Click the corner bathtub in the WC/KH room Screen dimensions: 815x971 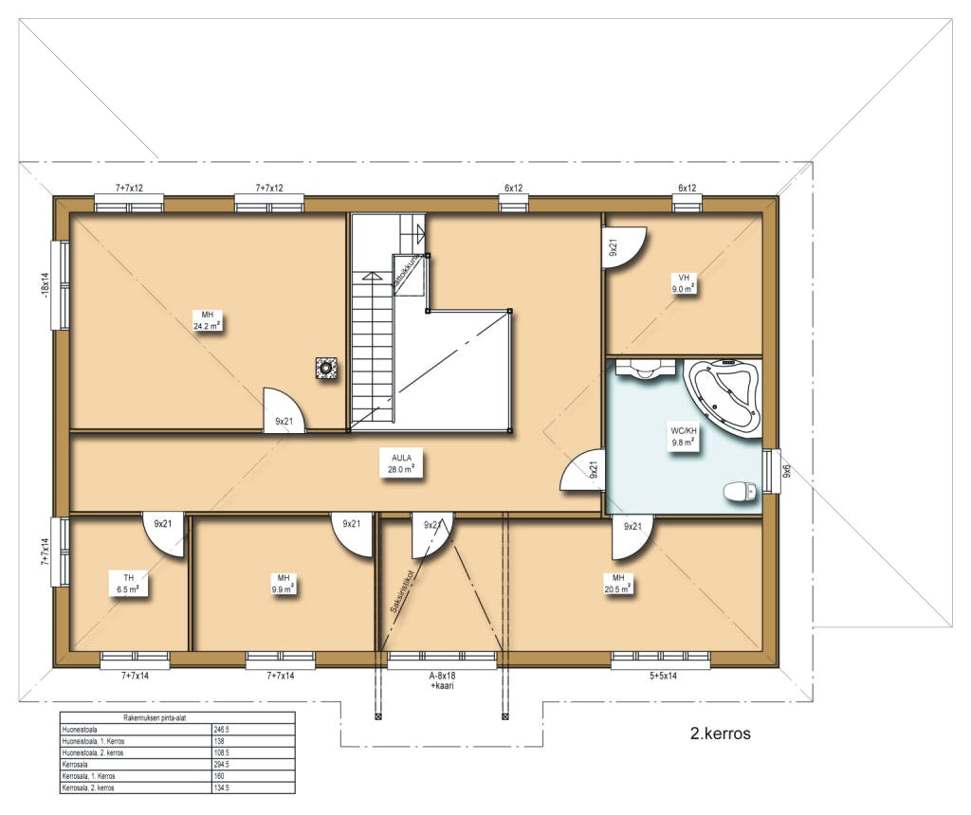click(x=724, y=396)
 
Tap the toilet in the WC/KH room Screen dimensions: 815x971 click(x=739, y=491)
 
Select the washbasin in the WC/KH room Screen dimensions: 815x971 click(x=645, y=370)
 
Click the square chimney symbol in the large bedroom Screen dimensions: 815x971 click(x=327, y=368)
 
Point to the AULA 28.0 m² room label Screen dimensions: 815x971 click(x=396, y=462)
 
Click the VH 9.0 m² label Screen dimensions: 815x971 click(x=683, y=283)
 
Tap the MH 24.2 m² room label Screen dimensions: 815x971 click(x=207, y=319)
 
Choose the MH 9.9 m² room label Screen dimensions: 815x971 click(x=283, y=583)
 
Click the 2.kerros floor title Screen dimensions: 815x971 click(x=721, y=733)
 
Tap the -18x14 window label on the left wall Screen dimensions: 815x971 click(x=44, y=284)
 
